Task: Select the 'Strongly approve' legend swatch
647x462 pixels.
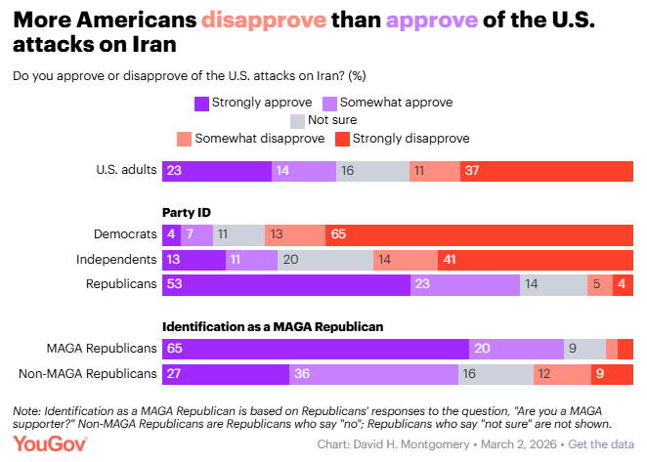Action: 202,102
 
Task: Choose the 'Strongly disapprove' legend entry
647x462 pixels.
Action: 410,139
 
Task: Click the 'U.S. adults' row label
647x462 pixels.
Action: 125,170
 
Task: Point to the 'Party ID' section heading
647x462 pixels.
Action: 187,212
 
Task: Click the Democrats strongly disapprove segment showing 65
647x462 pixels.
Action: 479,235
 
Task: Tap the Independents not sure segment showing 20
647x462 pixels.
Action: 323,261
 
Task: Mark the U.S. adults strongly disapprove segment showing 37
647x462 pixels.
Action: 546,170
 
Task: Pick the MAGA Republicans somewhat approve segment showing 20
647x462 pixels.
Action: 517,349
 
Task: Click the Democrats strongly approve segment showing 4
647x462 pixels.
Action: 171,235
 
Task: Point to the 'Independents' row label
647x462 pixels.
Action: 117,261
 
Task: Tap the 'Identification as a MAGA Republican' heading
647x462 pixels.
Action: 273,326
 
